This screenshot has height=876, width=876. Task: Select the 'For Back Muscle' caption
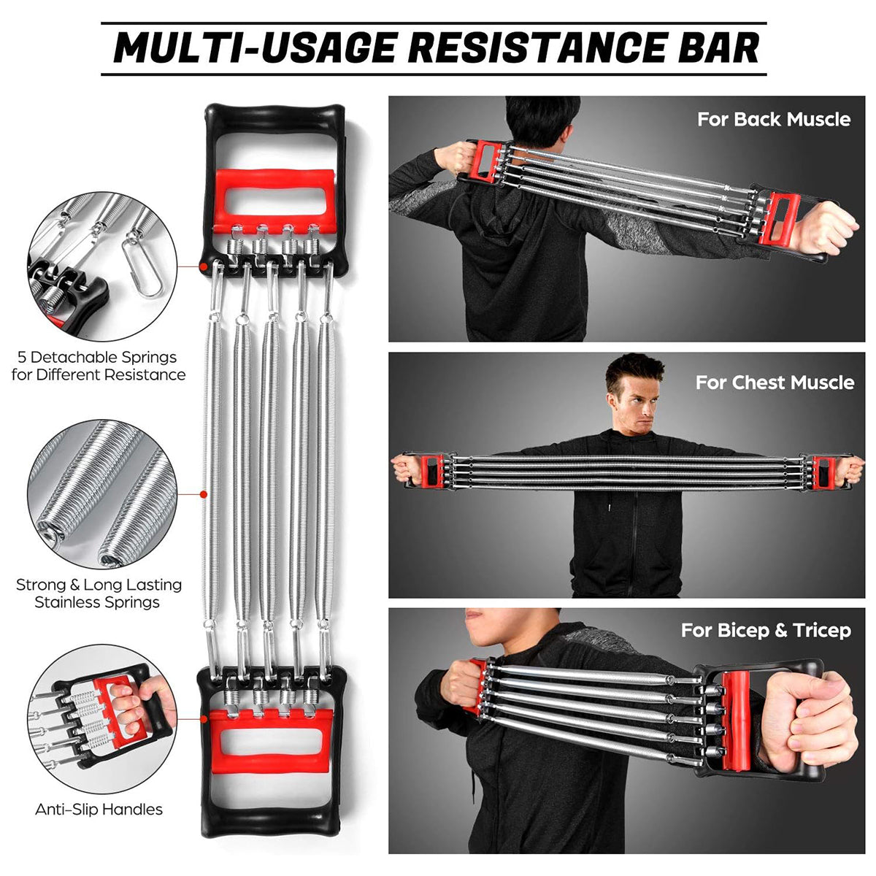(x=774, y=119)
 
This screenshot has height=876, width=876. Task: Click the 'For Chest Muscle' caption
(x=775, y=382)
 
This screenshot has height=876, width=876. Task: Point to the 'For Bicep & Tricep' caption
(x=766, y=630)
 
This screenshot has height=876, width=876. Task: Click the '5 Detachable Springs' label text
(x=98, y=358)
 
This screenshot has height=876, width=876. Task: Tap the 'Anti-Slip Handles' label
(x=99, y=809)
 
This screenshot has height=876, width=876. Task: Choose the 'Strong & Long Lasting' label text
(x=99, y=585)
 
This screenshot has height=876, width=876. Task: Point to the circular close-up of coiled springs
(x=101, y=493)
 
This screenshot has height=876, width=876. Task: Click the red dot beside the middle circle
(x=204, y=494)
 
